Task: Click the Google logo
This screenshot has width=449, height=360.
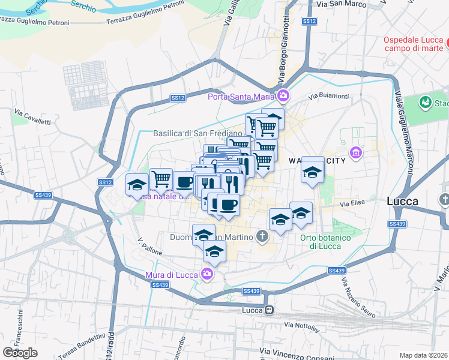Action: click(x=20, y=353)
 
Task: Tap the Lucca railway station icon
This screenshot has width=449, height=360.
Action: click(x=270, y=310)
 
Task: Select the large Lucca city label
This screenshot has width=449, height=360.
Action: click(x=403, y=202)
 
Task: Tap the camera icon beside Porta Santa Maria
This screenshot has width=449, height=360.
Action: click(x=283, y=95)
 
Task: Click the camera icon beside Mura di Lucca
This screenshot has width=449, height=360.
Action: click(x=207, y=274)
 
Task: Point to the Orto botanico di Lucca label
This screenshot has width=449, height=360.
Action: click(x=325, y=242)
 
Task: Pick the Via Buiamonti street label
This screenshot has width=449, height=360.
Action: click(x=328, y=96)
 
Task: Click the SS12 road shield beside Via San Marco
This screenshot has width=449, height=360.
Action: click(x=309, y=21)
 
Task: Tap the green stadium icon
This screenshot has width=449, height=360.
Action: click(x=426, y=103)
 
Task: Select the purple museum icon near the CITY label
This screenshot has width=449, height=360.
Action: click(x=355, y=154)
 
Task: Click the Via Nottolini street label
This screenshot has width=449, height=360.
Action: click(x=302, y=325)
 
